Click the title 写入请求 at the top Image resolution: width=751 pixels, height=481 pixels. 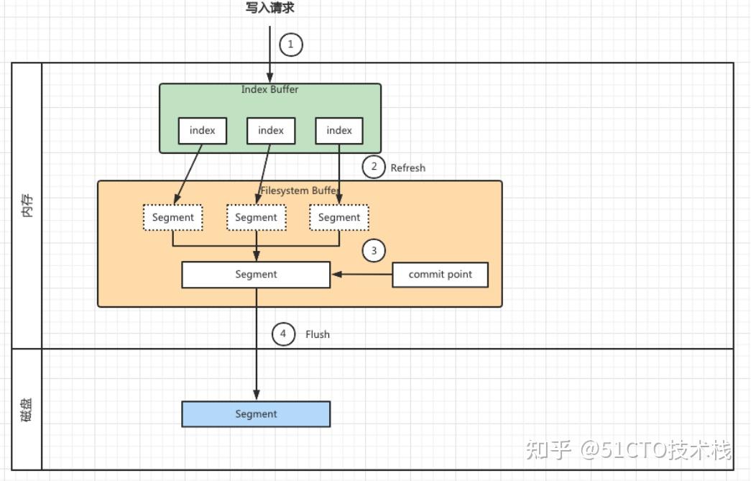269,9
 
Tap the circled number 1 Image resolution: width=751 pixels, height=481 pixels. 290,45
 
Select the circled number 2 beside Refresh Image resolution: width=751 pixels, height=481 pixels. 374,168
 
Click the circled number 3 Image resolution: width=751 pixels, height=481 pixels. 374,251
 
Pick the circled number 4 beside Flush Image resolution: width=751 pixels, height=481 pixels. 283,334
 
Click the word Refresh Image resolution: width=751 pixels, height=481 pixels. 407,168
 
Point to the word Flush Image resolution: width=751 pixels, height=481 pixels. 317,334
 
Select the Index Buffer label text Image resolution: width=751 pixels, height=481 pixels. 269,90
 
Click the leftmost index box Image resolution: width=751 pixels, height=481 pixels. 203,131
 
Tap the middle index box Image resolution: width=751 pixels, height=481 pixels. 271,131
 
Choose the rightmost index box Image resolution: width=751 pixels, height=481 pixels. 339,131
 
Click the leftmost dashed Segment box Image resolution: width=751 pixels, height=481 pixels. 173,217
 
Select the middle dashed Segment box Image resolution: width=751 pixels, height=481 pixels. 256,217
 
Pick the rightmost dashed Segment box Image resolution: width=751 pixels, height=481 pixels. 339,217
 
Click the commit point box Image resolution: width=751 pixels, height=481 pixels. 440,274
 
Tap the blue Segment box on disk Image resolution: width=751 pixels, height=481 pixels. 256,414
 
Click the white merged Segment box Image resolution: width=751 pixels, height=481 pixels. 256,274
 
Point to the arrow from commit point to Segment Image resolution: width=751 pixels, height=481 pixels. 361,274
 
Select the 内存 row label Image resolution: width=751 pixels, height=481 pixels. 27,206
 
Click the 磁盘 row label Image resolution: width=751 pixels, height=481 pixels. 27,409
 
